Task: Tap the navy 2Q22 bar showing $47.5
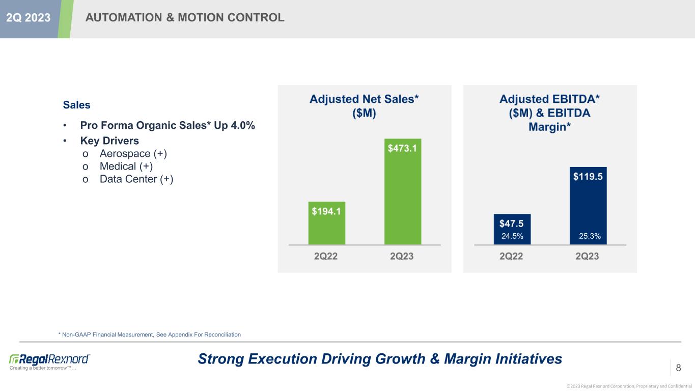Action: [x=512, y=229]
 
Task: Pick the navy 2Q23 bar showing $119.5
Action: [x=588, y=206]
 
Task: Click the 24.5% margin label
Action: [x=512, y=236]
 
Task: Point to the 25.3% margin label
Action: [x=590, y=236]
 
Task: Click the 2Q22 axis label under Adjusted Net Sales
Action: [x=326, y=257]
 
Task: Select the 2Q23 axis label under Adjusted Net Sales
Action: [x=401, y=257]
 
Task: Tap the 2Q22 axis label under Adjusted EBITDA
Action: [x=511, y=257]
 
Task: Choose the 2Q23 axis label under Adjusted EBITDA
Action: [x=587, y=257]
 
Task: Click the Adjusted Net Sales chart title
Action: [x=364, y=106]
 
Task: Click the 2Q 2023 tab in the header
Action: [x=28, y=18]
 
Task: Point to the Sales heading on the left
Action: [x=76, y=105]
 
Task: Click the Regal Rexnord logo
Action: [x=50, y=359]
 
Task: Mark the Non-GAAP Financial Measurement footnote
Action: [x=150, y=334]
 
